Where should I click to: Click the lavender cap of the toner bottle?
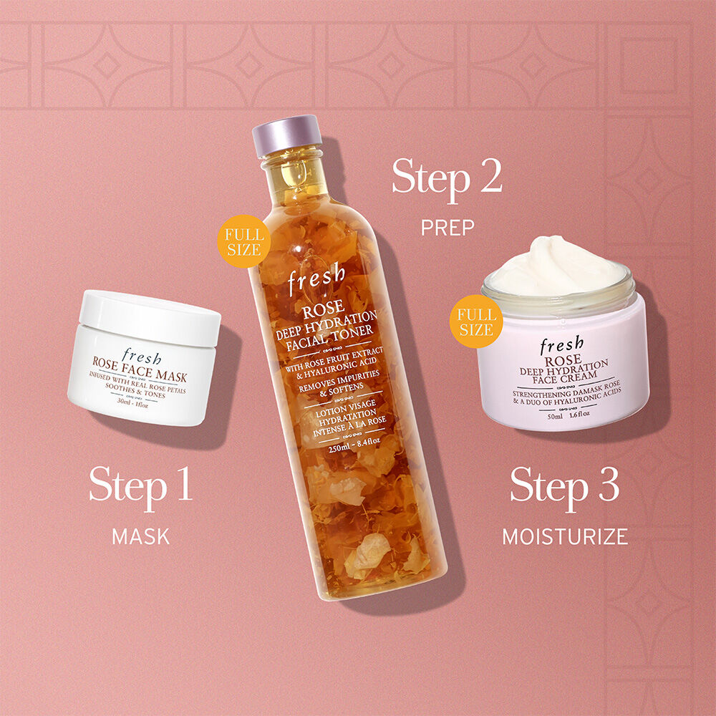[287, 135]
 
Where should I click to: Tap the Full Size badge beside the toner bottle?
[244, 241]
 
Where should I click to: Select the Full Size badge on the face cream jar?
[476, 321]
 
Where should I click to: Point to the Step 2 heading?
[447, 179]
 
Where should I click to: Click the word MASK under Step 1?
[140, 536]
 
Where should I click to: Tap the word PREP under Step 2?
[447, 228]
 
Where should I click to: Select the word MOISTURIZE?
[566, 536]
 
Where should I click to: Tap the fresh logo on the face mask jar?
[142, 357]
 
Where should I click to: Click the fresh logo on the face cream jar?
[561, 345]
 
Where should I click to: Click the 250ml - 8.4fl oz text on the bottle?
[354, 445]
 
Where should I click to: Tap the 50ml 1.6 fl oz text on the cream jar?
[569, 415]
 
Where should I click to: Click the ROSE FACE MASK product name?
[140, 369]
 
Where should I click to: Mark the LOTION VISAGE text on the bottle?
[346, 407]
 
